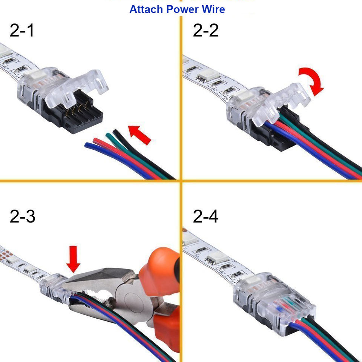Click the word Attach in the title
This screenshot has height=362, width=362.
146,9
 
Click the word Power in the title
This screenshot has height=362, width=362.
183,9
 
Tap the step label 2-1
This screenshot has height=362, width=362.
22,30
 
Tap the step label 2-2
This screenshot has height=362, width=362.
206,30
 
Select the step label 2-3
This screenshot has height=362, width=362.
22,216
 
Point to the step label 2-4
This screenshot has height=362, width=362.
206,216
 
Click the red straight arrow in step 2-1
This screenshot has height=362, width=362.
140,135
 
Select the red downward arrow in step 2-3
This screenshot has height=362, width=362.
73,259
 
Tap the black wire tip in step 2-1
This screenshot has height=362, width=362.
115,132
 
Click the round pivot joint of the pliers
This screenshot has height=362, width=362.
134,301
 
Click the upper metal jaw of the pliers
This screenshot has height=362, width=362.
99,278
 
